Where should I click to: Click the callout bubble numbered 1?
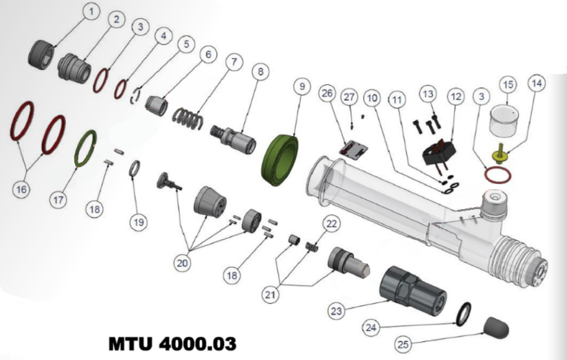point(93,12)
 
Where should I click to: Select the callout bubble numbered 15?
point(509,84)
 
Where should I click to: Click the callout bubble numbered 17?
point(59,199)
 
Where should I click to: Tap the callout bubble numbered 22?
point(331,224)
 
